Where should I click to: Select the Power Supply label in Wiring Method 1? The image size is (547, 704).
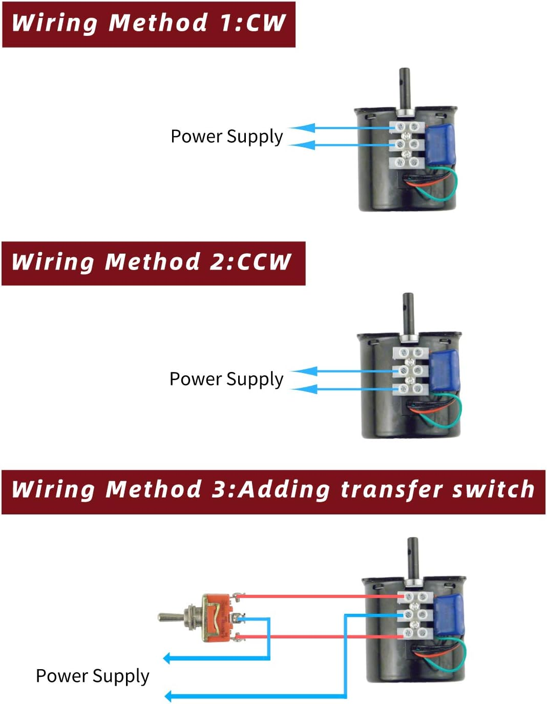226,137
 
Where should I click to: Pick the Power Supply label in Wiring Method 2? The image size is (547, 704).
226,379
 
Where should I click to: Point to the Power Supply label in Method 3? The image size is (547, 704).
92,676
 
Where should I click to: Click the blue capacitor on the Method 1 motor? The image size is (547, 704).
440,144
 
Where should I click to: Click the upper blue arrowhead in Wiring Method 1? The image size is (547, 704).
303,128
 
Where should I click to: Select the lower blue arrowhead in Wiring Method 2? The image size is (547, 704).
306,389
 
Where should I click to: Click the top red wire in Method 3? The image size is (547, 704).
318,596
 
